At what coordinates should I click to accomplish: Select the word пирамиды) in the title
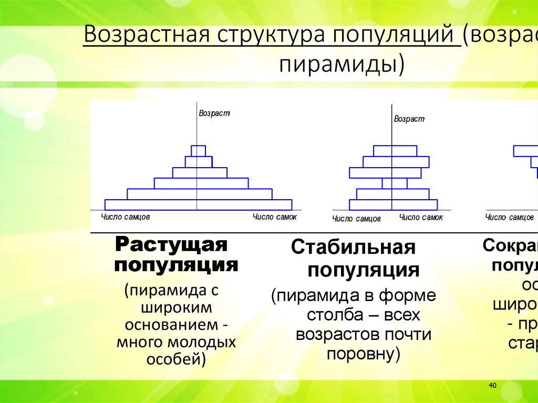point(341,65)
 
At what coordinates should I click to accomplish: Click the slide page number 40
point(492,386)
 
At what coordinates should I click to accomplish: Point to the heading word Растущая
point(171,245)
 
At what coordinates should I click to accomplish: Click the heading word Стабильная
point(354,247)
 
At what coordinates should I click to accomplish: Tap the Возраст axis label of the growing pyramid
point(214,113)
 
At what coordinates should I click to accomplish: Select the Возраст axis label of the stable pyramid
point(409,119)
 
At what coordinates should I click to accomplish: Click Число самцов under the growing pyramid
point(126,216)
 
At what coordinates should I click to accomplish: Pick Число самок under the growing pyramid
point(274,216)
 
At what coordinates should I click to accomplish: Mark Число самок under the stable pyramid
point(421,217)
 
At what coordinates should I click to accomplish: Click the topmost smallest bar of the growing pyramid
point(198,151)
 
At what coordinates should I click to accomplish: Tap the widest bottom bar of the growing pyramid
point(198,205)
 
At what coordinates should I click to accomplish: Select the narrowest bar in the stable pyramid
point(395,183)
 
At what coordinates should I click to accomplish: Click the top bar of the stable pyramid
point(395,151)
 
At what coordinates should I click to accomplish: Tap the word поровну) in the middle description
point(363,354)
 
